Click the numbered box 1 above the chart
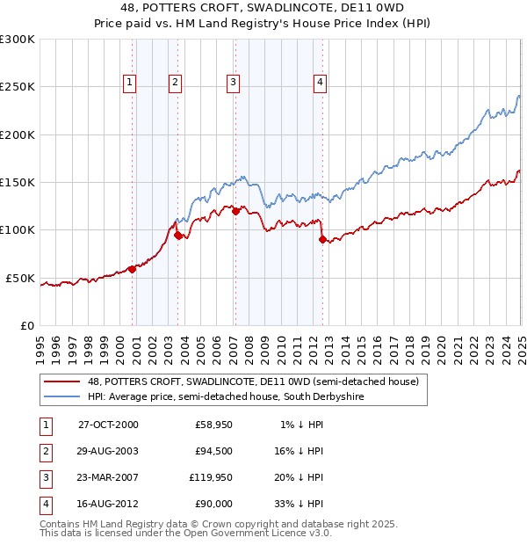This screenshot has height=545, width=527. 129,83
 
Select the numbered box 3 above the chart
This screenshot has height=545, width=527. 233,83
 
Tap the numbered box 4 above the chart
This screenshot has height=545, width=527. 320,83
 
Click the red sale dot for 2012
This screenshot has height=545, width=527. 322,239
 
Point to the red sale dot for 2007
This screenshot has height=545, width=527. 235,211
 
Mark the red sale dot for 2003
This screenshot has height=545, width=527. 178,235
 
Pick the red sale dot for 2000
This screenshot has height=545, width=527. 133,269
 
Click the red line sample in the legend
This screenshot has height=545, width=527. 63,381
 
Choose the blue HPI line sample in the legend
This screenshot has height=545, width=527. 63,396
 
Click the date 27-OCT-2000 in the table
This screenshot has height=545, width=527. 108,425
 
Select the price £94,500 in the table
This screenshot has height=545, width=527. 213,452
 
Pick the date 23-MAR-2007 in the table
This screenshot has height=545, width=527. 108,478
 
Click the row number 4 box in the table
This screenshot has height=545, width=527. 45,505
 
